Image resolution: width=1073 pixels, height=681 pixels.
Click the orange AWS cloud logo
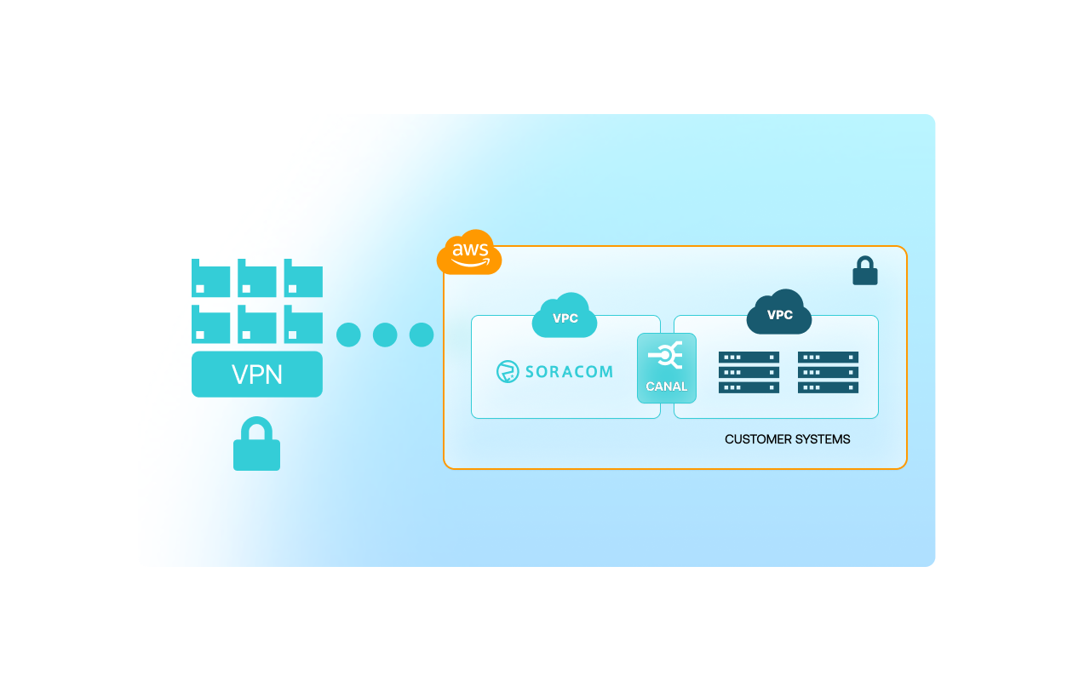click(x=469, y=252)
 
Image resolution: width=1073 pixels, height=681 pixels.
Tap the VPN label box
click(x=257, y=375)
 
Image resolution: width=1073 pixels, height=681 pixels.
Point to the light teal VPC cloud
click(x=565, y=317)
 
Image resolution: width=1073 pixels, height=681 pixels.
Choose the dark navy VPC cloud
click(x=779, y=313)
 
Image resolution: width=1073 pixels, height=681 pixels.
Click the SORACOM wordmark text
click(x=569, y=372)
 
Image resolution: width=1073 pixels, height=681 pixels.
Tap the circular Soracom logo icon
click(x=508, y=372)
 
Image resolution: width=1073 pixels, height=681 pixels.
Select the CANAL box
click(x=667, y=368)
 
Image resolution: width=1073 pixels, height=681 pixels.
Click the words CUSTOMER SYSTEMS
click(x=787, y=439)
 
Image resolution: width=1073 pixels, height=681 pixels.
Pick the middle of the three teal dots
click(x=385, y=335)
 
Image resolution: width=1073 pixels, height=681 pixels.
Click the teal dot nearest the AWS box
click(x=422, y=335)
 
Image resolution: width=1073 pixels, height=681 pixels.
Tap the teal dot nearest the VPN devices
click(x=348, y=335)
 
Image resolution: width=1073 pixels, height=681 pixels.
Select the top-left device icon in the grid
click(x=210, y=278)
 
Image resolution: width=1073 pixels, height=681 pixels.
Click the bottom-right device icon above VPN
click(x=303, y=324)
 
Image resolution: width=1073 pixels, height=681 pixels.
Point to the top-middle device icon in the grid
click(x=257, y=278)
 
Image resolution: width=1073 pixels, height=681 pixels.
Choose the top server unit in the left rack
click(x=749, y=358)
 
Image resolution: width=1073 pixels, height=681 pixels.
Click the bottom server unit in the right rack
click(x=828, y=387)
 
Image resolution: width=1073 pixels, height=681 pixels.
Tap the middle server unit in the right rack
click(x=828, y=373)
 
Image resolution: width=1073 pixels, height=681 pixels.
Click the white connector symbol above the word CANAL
click(x=666, y=355)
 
